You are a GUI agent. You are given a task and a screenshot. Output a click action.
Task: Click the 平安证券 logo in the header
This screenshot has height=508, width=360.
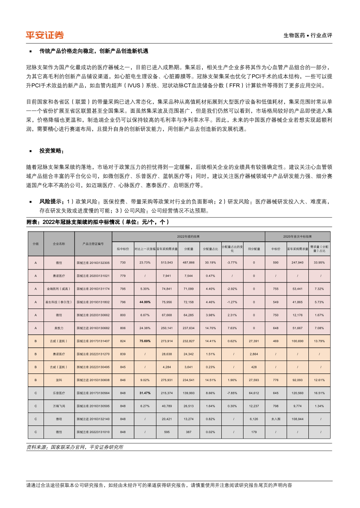tap(45, 35)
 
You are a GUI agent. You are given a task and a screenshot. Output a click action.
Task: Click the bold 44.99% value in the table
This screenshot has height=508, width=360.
tap(145, 301)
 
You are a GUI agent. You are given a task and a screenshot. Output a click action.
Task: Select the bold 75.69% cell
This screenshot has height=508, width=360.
tap(145, 341)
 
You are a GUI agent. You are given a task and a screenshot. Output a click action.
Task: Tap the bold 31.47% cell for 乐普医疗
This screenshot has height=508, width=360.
tap(145, 393)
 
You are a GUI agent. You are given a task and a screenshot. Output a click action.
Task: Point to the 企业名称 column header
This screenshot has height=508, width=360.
tap(59, 244)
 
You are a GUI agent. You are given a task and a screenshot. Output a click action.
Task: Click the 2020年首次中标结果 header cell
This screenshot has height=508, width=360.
tap(298, 236)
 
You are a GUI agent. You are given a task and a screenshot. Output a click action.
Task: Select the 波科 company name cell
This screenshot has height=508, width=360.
tap(59, 380)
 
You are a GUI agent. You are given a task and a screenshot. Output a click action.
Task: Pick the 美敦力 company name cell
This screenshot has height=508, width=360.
tap(59, 328)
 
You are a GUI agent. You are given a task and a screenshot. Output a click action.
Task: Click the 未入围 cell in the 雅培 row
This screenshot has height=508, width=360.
tap(276, 419)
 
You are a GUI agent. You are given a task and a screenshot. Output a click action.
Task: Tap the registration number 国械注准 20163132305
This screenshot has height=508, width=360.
tap(93, 263)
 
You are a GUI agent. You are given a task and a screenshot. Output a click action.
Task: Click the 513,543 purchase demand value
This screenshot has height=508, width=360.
tap(167, 263)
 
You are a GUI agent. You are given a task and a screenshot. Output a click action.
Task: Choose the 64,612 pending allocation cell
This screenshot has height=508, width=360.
tap(254, 393)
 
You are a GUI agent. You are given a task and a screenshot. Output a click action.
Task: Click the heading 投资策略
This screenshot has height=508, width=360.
tap(51, 151)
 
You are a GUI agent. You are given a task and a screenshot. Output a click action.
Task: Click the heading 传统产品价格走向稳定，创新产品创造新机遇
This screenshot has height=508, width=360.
tap(94, 51)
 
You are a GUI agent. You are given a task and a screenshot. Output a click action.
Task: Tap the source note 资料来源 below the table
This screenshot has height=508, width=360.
tap(75, 447)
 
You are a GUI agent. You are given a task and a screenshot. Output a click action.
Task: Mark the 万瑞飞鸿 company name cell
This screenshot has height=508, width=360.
tap(59, 406)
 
